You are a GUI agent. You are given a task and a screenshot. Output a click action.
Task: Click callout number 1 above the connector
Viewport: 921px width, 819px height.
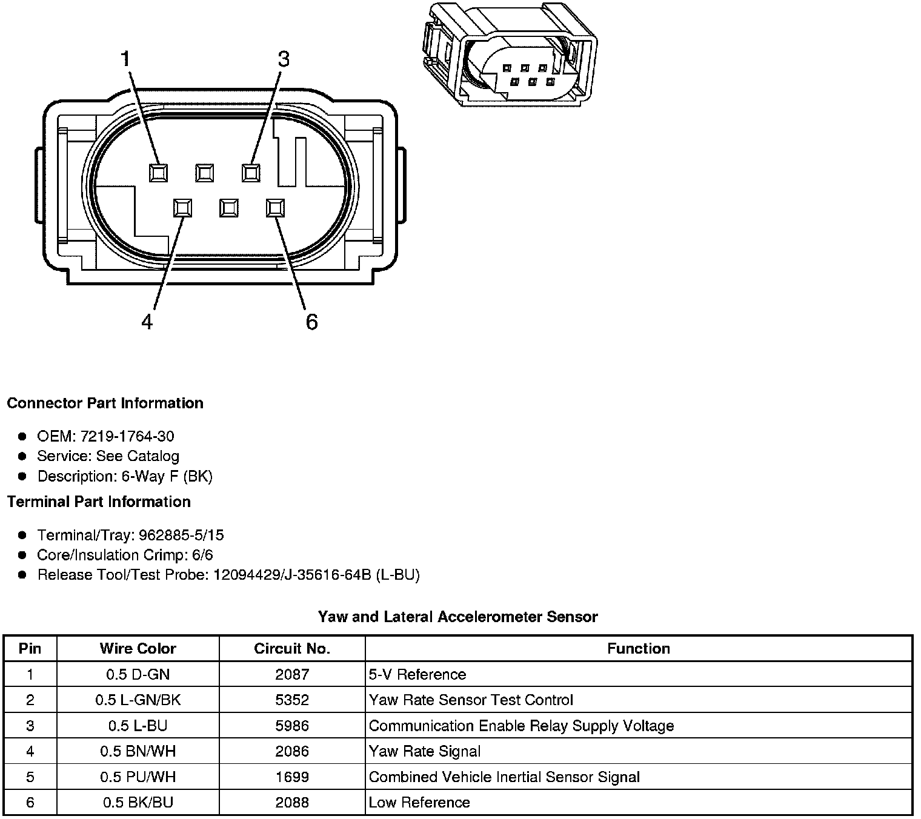125,59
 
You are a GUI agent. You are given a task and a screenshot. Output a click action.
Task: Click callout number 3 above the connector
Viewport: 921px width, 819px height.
283,59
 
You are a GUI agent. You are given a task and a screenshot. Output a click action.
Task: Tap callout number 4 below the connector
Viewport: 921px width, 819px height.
147,322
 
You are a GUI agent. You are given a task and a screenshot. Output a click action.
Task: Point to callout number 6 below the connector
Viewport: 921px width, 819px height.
311,322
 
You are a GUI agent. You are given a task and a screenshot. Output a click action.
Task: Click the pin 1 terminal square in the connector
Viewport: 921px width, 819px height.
159,173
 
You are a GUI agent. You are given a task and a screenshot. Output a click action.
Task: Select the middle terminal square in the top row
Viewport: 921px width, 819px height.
205,173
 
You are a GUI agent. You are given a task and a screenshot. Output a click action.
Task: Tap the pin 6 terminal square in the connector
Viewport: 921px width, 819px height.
275,208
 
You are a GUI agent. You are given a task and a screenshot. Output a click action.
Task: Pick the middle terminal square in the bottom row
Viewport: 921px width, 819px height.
228,208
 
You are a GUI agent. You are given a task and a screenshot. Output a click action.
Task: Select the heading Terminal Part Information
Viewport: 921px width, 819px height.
99,502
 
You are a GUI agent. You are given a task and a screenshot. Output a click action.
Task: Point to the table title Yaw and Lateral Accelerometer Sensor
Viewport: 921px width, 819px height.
458,617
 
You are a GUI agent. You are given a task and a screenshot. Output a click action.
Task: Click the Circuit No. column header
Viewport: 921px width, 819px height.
292,649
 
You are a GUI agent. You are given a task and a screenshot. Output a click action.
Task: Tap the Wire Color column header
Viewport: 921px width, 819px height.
138,649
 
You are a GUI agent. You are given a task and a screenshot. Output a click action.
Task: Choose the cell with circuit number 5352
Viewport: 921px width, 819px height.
292,700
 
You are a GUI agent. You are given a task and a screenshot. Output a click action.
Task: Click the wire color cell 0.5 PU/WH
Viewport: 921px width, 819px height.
138,777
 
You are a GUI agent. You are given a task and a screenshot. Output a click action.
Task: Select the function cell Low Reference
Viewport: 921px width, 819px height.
419,803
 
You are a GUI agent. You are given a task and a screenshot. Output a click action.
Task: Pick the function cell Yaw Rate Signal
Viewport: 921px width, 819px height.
425,752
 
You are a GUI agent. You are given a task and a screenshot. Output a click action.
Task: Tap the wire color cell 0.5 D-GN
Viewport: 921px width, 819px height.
138,675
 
